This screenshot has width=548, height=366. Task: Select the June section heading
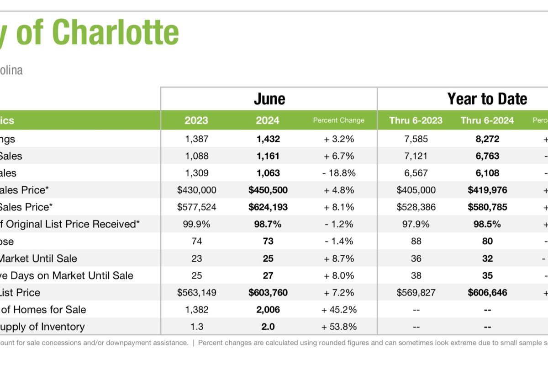click(269, 99)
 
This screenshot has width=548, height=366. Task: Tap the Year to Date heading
click(487, 99)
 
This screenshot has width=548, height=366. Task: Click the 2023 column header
click(196, 120)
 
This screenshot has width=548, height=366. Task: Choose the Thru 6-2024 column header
click(487, 120)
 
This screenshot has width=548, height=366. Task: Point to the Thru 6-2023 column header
click(416, 120)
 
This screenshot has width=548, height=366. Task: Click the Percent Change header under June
click(338, 120)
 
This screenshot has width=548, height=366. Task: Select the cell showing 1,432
click(268, 139)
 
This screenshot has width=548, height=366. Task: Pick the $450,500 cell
click(268, 190)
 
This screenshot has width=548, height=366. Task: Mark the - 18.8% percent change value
click(338, 173)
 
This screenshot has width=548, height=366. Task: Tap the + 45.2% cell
click(338, 310)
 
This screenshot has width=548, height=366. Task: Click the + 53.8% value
click(338, 327)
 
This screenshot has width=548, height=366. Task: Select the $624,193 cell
click(268, 207)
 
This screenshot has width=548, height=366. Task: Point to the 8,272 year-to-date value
click(487, 139)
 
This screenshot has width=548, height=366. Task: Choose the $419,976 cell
click(487, 190)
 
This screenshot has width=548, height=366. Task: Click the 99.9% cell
click(196, 224)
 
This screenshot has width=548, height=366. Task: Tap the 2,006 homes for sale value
click(268, 310)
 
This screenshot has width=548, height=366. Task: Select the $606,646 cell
click(487, 293)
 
